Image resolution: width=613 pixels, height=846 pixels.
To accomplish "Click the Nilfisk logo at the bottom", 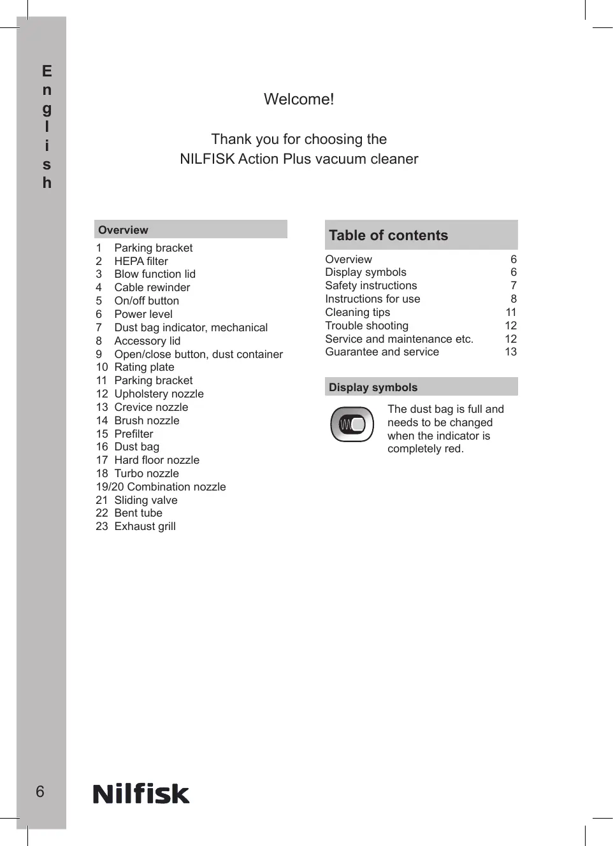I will click(x=141, y=794).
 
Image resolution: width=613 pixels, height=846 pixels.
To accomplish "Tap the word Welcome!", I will click(x=299, y=99).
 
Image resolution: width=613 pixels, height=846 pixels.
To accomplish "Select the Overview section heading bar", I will click(x=191, y=229).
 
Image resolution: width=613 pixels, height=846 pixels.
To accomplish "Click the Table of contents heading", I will click(x=389, y=235).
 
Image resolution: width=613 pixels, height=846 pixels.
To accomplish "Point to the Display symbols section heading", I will click(x=373, y=387).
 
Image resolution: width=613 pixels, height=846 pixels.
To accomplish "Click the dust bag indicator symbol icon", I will click(x=352, y=424).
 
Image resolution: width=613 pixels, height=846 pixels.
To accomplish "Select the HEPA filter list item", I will click(x=141, y=261).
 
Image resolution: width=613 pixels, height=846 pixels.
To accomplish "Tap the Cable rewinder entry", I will click(x=152, y=287).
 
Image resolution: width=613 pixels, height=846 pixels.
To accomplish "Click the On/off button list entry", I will click(x=147, y=301).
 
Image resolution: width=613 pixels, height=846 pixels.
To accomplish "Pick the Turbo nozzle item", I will click(x=147, y=473).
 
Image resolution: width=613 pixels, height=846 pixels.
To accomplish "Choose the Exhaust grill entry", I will click(x=145, y=526).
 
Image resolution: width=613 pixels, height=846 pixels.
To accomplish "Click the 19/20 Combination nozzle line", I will click(x=161, y=487).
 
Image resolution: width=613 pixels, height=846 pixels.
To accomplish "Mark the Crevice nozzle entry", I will click(x=151, y=407).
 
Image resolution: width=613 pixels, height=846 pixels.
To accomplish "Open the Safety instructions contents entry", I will click(x=371, y=285).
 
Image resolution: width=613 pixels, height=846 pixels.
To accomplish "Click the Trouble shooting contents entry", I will click(x=366, y=326).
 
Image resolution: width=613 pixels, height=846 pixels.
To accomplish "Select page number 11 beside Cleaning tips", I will click(x=511, y=312).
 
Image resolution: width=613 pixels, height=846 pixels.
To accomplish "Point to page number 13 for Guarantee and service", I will click(x=511, y=352).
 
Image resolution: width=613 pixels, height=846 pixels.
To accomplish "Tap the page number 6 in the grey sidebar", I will click(x=40, y=791).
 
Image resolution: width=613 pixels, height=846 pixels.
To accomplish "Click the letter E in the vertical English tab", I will click(x=47, y=71).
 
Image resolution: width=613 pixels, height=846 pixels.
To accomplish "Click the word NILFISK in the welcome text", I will click(x=207, y=159).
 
